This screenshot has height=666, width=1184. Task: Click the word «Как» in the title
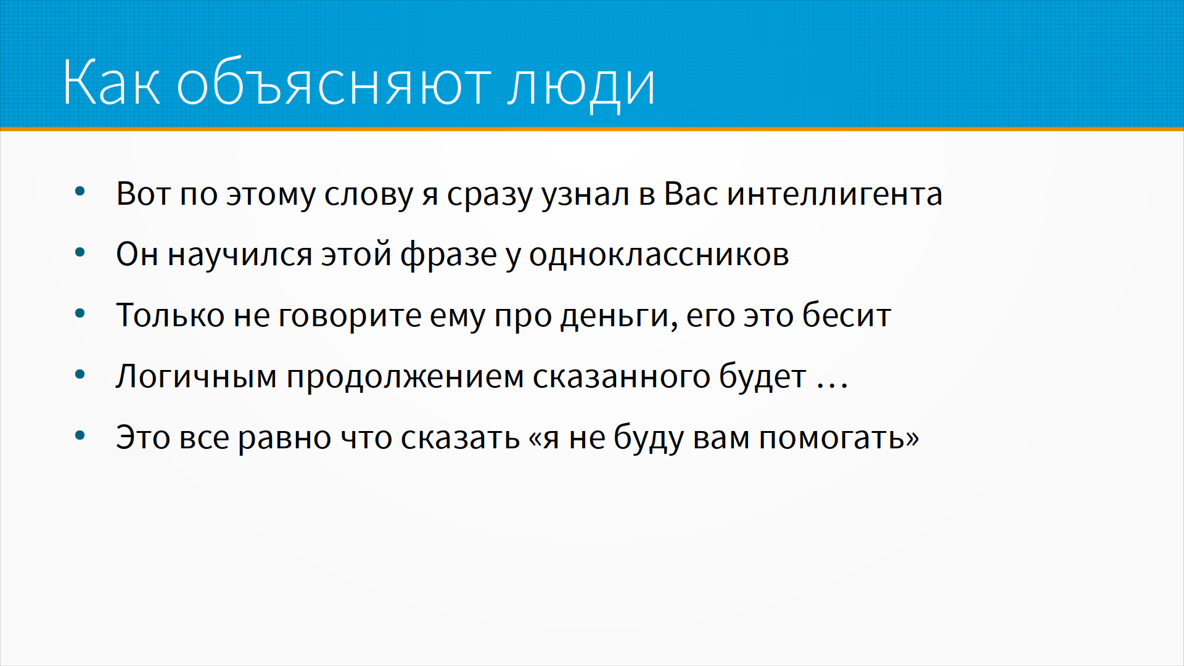(112, 82)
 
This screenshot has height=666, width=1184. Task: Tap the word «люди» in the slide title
(581, 86)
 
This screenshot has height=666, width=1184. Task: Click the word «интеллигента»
(835, 194)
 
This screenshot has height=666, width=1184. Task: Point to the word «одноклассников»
(659, 255)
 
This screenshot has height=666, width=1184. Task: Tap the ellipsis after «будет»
(832, 386)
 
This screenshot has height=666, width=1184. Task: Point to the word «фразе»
(448, 255)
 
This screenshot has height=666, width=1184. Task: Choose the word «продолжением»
(405, 377)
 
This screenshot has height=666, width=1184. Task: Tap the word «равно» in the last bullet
(285, 438)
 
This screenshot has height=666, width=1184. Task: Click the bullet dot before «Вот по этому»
(80, 191)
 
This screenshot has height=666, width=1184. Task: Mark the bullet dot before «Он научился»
(80, 252)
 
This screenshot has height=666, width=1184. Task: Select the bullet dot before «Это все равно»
(80, 436)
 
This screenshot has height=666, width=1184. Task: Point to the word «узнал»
(585, 195)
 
